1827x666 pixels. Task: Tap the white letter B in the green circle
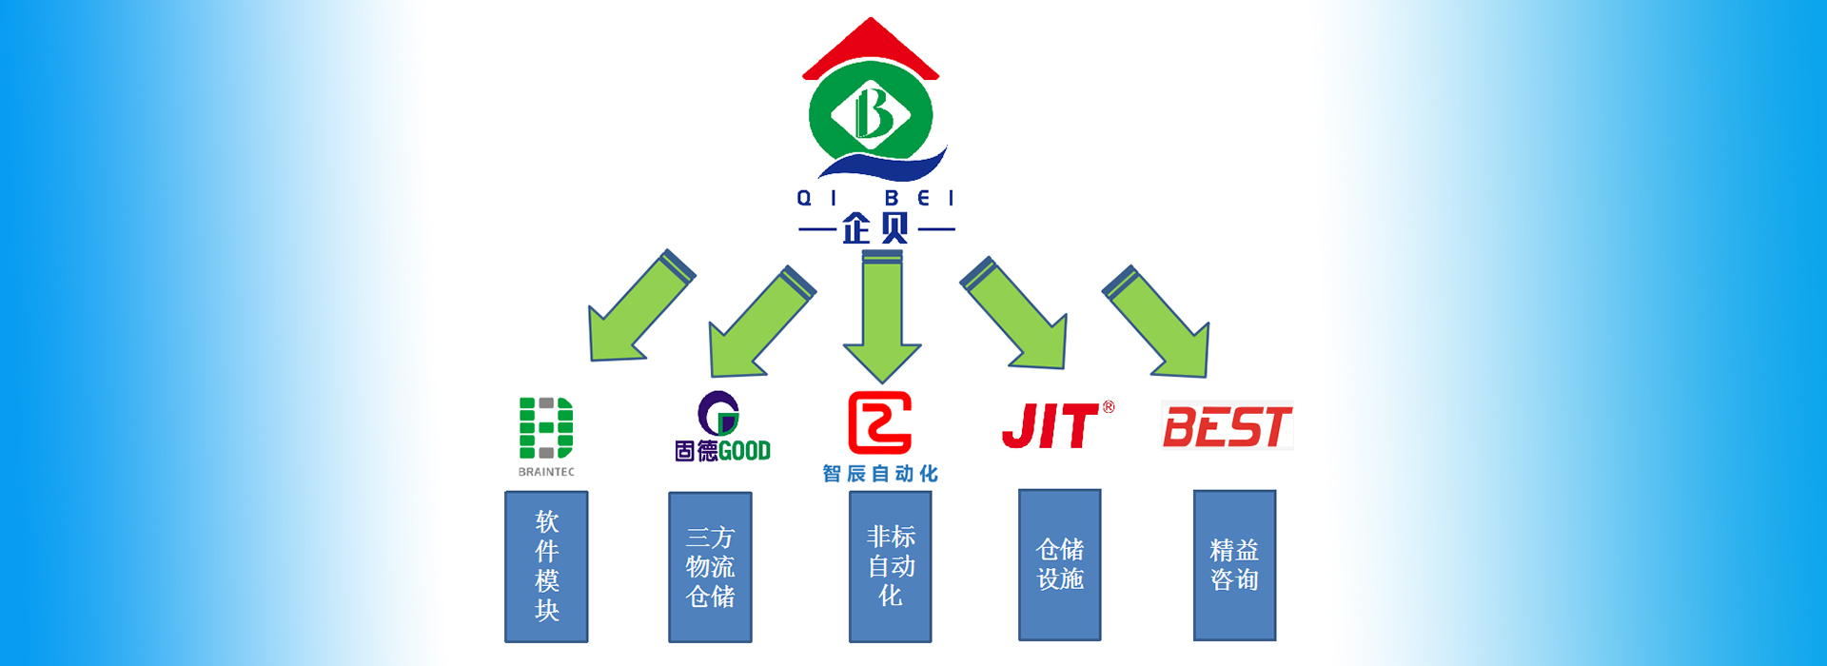click(872, 112)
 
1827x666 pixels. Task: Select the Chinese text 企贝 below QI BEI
click(875, 228)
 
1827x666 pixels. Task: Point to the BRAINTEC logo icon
click(545, 427)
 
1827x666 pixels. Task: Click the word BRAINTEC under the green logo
click(546, 472)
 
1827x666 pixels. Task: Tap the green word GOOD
click(745, 451)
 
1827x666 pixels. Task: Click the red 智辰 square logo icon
click(879, 422)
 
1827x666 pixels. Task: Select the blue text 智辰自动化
click(880, 474)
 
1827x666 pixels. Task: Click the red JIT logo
click(1051, 426)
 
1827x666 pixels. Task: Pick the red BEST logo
click(1227, 426)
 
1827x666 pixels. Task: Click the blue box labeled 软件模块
click(546, 566)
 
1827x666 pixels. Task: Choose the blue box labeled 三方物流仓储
click(710, 567)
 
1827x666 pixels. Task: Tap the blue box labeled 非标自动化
click(890, 566)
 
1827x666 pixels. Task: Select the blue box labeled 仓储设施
click(1059, 564)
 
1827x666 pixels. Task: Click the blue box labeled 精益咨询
click(1234, 565)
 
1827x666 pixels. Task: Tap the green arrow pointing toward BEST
click(1161, 323)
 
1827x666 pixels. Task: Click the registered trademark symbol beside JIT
click(1109, 407)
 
